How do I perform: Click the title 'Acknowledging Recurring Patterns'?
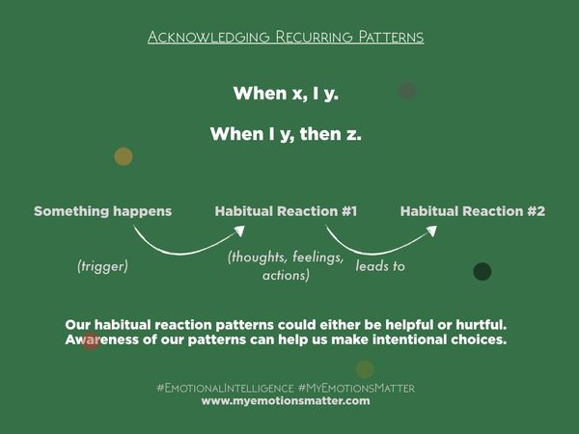pos(286,38)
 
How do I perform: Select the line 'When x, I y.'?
pos(286,95)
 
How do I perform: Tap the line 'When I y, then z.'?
pos(286,134)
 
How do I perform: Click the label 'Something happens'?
pos(103,211)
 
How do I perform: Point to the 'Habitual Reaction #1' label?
pos(286,211)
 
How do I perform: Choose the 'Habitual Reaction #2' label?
pos(473,211)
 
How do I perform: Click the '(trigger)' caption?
pos(102,264)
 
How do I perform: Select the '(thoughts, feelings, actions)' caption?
pos(286,266)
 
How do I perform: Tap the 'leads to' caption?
pos(380,265)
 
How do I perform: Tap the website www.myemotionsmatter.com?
pos(286,401)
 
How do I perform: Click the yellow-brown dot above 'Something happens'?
pos(124,156)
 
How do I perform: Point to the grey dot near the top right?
pos(407,91)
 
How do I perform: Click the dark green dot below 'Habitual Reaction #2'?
pos(482,272)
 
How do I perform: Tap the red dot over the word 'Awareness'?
pos(91,341)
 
